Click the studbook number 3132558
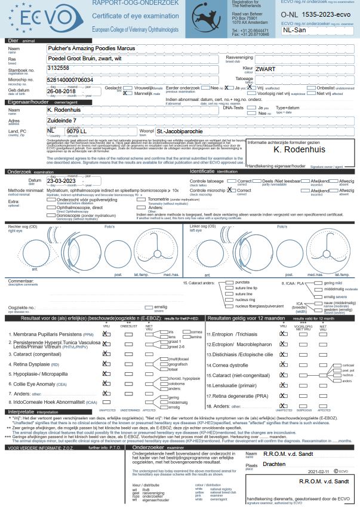pos(60,69)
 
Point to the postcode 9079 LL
pos(79,131)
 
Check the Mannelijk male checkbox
pos(125,93)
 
